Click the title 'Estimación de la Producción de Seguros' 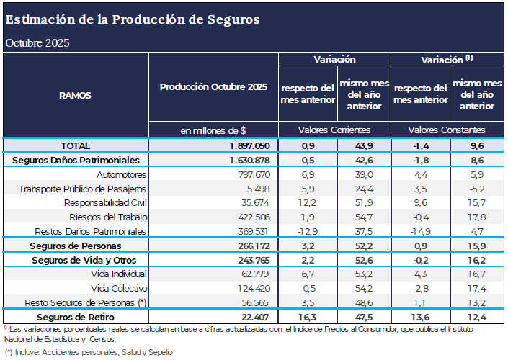(x=133, y=19)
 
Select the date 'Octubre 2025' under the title (x=37, y=42)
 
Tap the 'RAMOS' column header (x=75, y=94)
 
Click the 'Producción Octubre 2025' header (x=213, y=87)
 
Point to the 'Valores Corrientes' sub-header (x=334, y=130)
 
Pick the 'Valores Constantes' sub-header (x=447, y=130)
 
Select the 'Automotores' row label (x=122, y=174)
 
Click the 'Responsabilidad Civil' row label (x=105, y=203)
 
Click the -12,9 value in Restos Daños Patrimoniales (x=306, y=231)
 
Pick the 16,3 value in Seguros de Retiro (x=306, y=317)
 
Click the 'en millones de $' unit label (x=213, y=130)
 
